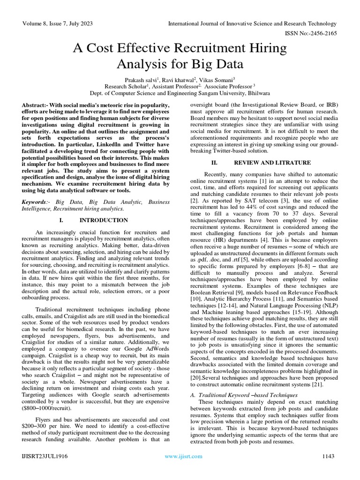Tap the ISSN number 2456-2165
323,34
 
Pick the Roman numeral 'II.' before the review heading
215,163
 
